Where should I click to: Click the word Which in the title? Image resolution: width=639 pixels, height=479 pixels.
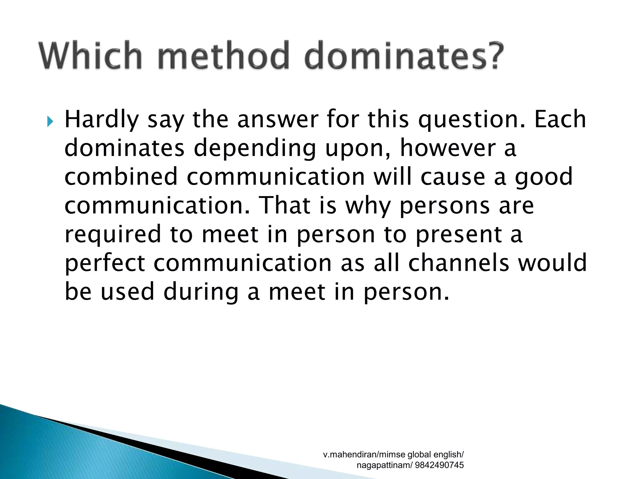(x=90, y=56)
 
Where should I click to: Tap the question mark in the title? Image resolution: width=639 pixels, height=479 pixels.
(x=492, y=56)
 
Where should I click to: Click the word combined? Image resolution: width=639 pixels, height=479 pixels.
(x=121, y=177)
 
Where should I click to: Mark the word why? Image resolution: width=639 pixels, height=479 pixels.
(x=368, y=206)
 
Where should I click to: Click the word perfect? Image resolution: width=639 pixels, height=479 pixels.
(x=105, y=264)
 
